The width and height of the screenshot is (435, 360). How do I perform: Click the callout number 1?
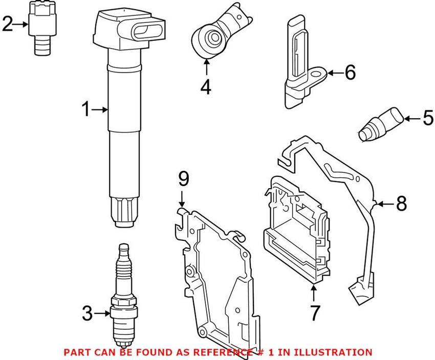86,109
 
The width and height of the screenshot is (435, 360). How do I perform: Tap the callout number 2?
8,24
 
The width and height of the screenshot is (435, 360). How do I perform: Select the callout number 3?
88,313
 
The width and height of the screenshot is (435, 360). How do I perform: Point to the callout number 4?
205,87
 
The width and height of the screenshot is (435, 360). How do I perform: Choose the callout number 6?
350,73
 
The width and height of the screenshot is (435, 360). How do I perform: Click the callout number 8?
401,204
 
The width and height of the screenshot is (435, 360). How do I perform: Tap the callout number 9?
183,179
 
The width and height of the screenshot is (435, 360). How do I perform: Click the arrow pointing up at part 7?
314,291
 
